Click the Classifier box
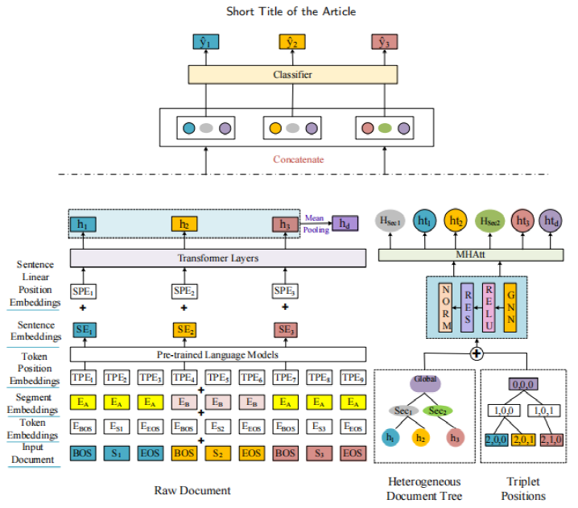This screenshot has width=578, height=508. tap(287, 75)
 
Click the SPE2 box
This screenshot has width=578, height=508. tap(184, 291)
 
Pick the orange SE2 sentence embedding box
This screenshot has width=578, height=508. tap(184, 330)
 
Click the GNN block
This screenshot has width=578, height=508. tap(510, 308)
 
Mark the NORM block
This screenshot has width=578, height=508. tap(446, 308)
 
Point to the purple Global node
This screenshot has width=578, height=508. tap(425, 382)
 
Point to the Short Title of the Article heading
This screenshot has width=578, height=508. tap(287, 10)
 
